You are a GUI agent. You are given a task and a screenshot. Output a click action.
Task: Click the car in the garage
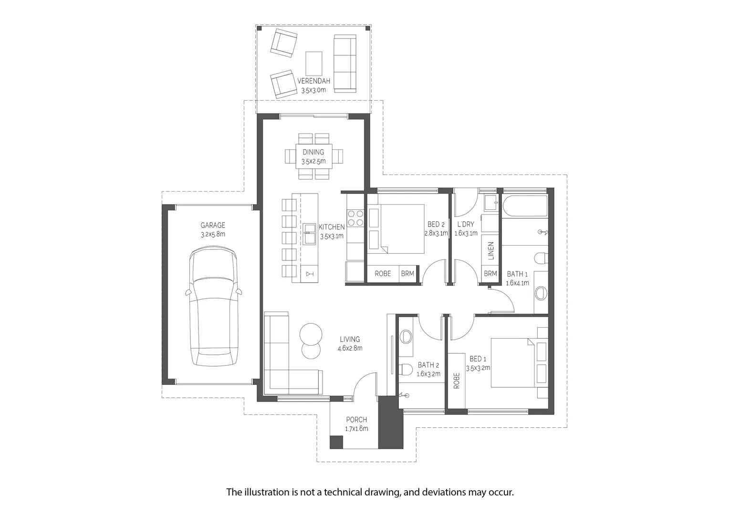[213, 306]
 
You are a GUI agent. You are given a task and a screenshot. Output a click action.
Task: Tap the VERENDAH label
[314, 81]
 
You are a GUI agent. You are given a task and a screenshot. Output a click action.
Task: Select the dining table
[314, 156]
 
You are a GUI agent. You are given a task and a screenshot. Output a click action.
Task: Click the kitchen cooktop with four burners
[355, 218]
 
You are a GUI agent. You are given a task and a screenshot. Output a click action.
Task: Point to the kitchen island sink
[309, 234]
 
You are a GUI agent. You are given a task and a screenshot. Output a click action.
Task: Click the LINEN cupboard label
[491, 251]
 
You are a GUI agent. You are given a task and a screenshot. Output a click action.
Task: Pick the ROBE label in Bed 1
[457, 381]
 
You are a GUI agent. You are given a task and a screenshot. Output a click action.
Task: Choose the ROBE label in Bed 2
[383, 274]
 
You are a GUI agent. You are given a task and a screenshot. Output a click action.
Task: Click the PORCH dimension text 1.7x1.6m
[357, 429]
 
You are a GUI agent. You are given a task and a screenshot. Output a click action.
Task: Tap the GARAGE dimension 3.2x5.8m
[213, 234]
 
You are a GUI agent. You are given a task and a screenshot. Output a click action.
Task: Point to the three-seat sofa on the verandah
[345, 64]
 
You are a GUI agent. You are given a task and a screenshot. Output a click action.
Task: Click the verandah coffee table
[314, 63]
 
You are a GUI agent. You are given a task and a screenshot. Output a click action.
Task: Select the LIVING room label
[350, 339]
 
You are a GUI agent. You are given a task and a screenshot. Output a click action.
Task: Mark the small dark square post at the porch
[336, 442]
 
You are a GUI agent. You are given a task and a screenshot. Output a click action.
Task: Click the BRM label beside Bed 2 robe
[407, 274]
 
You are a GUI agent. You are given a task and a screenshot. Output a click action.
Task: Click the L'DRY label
[466, 224]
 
